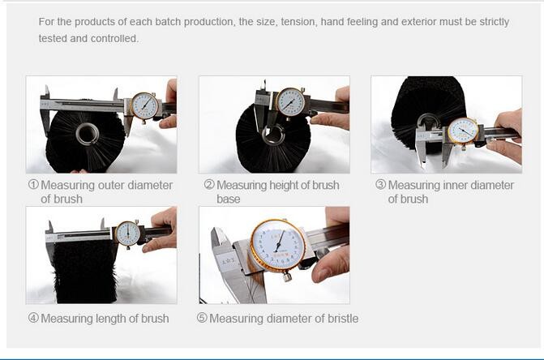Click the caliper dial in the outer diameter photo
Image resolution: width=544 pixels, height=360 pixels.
[145, 105]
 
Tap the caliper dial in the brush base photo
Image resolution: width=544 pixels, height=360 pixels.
[291, 102]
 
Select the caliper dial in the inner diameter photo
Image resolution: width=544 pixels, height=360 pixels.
[463, 131]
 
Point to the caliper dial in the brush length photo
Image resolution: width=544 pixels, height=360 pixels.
[127, 234]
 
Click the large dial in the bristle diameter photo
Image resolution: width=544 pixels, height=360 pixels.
[278, 246]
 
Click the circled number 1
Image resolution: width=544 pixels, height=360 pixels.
[33, 184]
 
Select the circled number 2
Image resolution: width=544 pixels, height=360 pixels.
[209, 184]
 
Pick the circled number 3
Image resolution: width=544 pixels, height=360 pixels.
[380, 184]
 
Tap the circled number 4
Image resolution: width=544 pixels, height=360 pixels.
[33, 318]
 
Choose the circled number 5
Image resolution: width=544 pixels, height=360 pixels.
[202, 318]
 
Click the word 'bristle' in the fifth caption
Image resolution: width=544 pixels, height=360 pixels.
[341, 319]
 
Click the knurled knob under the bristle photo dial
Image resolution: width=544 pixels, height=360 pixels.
[286, 276]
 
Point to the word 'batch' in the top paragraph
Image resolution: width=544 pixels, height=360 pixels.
[168, 22]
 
